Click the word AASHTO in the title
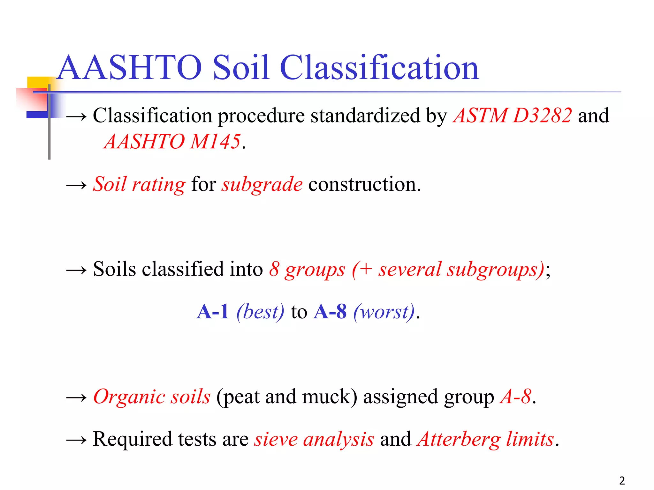129,68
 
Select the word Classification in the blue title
379,68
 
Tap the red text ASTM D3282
512,115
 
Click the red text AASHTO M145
172,141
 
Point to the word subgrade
262,184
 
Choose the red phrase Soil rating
139,184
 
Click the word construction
364,184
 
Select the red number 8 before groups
274,269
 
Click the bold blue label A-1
213,312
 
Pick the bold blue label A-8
330,312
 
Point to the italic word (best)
260,312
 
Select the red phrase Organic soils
152,397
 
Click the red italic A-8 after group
515,397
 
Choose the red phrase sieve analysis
314,439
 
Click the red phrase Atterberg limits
485,439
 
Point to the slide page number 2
622,480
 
